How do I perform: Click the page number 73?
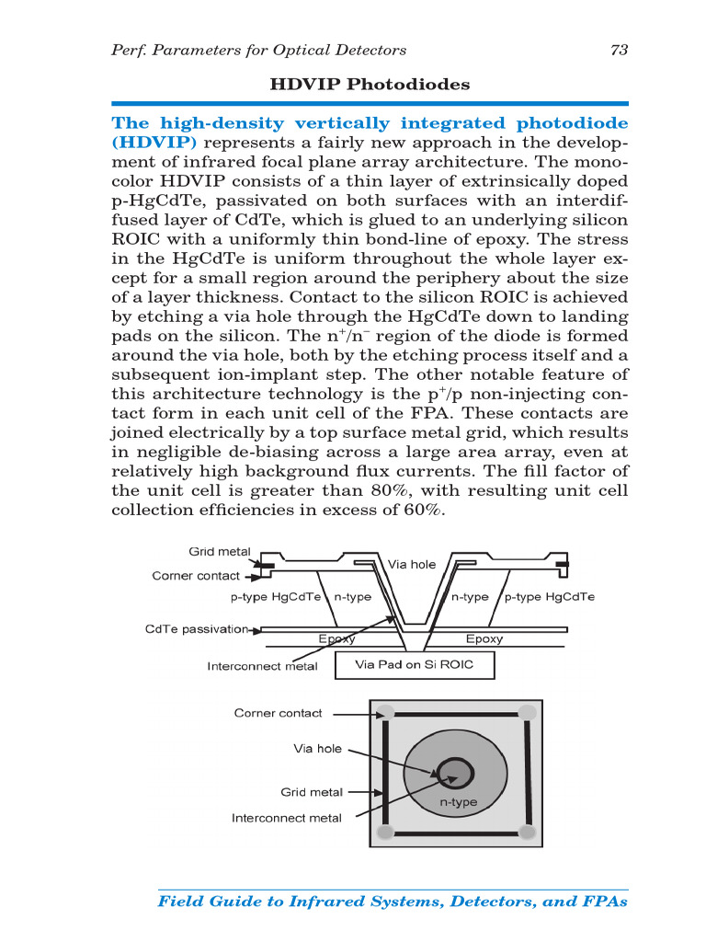coord(619,50)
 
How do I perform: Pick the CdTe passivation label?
coord(197,629)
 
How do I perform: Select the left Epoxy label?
coord(336,638)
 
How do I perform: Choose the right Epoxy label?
coord(484,638)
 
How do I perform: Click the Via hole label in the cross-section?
coord(411,565)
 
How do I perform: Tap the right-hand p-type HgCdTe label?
coord(551,597)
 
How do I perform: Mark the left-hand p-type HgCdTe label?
coord(275,597)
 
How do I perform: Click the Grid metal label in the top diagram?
coord(219,552)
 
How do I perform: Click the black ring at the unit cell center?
coord(451,771)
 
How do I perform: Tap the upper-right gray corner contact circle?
coord(527,712)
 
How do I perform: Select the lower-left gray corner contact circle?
coord(386,832)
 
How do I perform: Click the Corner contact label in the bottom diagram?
coord(278,713)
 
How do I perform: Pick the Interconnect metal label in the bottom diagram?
coord(286,818)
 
